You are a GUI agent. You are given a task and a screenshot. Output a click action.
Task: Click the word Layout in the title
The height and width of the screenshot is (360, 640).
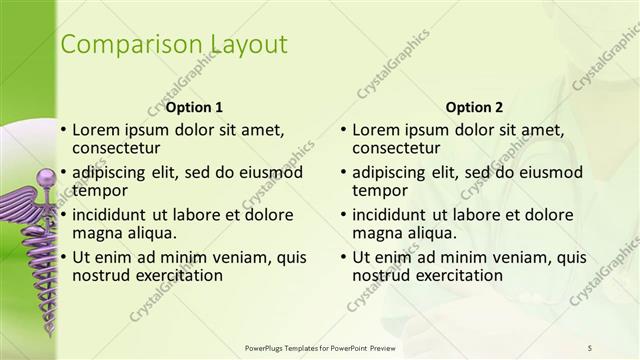pos(248,45)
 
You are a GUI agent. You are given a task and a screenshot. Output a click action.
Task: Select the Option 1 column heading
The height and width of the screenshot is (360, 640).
pos(194,106)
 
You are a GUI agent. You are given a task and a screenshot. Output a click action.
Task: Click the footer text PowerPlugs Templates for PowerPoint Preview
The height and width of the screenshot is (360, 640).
pos(320,347)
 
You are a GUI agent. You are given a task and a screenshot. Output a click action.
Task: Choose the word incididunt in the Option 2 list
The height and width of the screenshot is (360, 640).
pos(394,214)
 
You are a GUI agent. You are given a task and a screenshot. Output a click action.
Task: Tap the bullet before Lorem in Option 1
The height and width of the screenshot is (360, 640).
pos(63,130)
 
